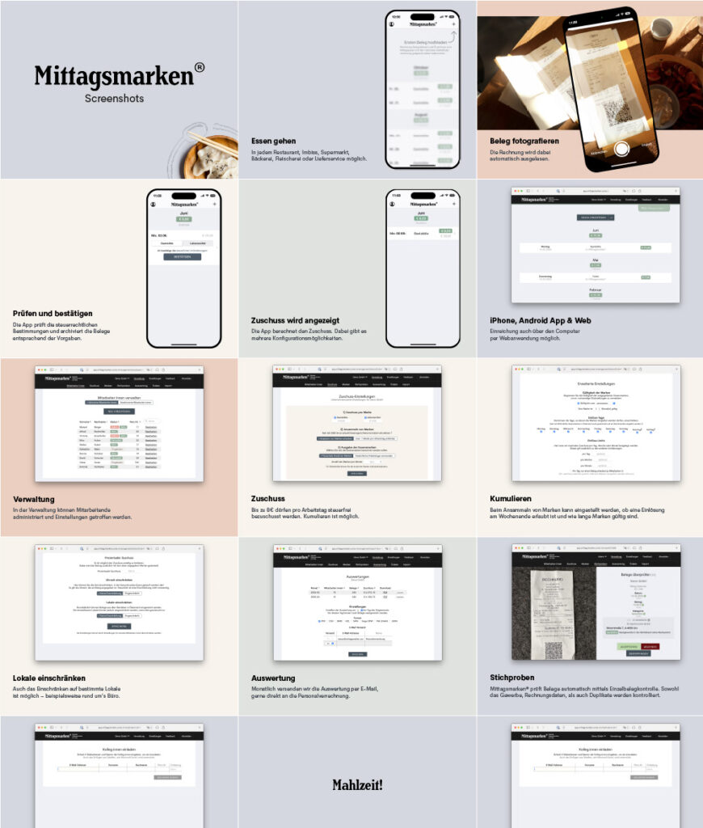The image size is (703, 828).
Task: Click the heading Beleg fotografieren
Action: coord(524,141)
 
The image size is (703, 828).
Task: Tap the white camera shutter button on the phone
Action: coord(621,149)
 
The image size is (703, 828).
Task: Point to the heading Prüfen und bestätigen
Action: coord(53,313)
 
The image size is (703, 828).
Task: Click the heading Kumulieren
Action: coord(511,499)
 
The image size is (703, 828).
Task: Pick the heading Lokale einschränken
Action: coord(49,678)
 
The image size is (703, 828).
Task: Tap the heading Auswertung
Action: coord(273,678)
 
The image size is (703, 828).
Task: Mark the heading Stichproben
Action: coord(511,678)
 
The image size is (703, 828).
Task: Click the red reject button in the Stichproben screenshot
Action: coord(650,646)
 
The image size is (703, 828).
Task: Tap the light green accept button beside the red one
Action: coord(629,646)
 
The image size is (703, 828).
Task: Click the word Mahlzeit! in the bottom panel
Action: coord(357,784)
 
